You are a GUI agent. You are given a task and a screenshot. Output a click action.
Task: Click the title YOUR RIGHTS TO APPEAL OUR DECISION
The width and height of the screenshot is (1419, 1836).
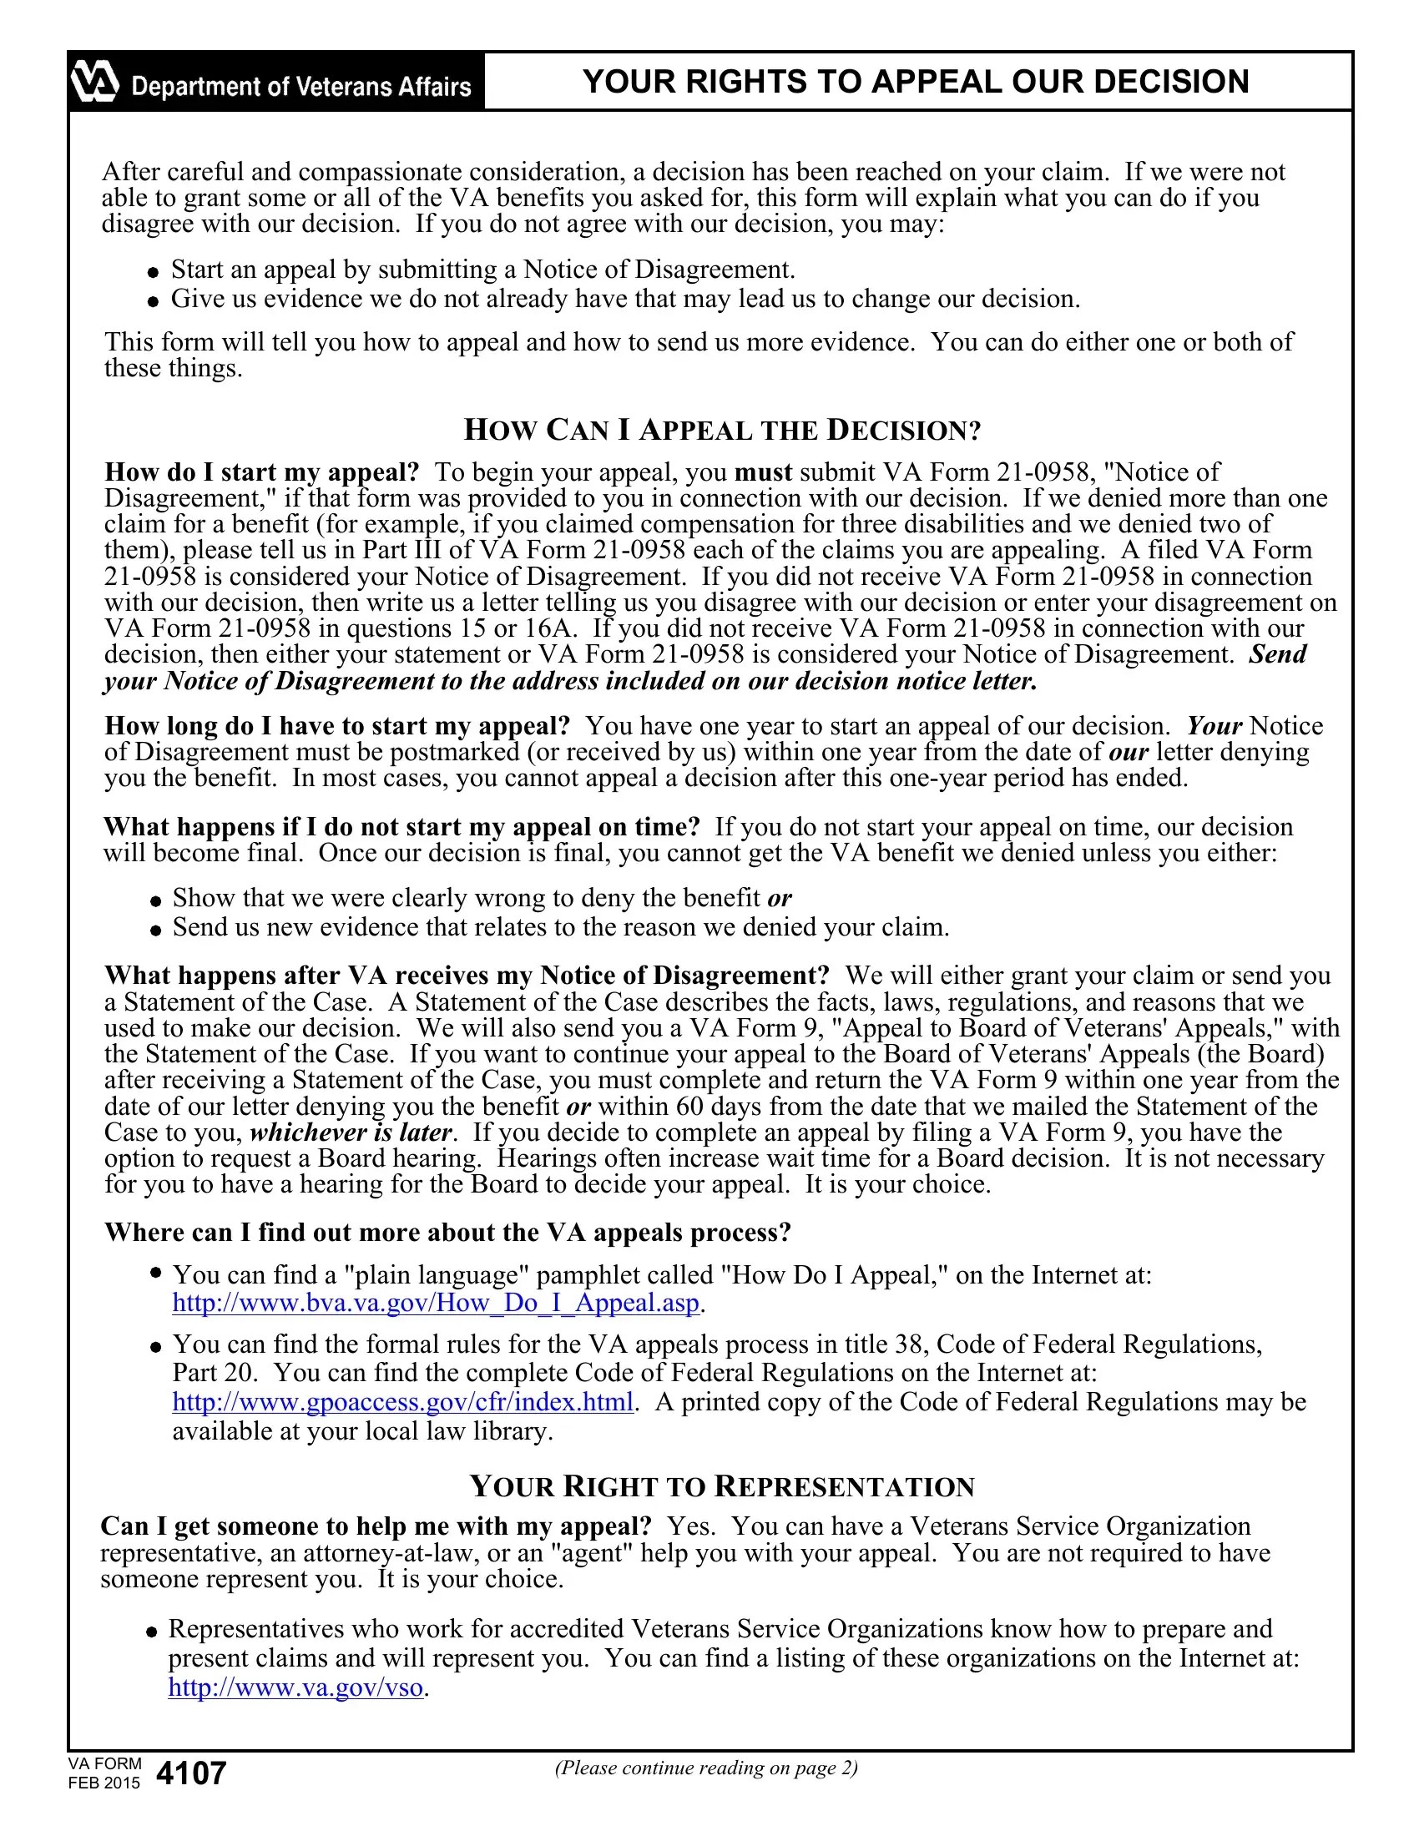point(916,82)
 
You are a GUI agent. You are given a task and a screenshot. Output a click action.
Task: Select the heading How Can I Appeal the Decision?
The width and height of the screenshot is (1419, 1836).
point(722,431)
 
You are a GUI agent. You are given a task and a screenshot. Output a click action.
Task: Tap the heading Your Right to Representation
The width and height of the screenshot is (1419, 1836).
point(722,1486)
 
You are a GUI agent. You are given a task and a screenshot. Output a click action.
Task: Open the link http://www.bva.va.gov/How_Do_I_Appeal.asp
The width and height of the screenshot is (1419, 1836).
point(436,1303)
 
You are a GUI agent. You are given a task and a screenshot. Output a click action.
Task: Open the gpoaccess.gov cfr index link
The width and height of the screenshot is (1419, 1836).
point(402,1402)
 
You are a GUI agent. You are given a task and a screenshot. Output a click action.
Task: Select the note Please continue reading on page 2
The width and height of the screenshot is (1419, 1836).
point(706,1768)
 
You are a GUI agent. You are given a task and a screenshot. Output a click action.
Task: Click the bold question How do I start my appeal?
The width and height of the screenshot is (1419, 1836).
point(261,472)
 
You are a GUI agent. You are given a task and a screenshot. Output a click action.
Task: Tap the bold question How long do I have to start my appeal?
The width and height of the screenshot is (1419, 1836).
point(337,726)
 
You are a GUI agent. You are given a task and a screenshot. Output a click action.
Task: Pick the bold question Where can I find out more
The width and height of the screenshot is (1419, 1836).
point(447,1233)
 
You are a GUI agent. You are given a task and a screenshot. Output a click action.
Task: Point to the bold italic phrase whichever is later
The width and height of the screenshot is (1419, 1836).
point(351,1132)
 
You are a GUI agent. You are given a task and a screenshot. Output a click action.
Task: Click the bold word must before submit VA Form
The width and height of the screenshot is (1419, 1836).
point(763,472)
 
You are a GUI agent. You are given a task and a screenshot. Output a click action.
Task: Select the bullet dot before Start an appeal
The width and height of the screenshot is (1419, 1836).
point(152,271)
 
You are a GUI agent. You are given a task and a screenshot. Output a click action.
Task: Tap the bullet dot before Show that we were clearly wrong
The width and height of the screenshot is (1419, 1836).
point(155,900)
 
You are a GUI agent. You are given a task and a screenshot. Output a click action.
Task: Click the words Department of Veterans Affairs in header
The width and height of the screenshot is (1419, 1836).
point(301,87)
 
